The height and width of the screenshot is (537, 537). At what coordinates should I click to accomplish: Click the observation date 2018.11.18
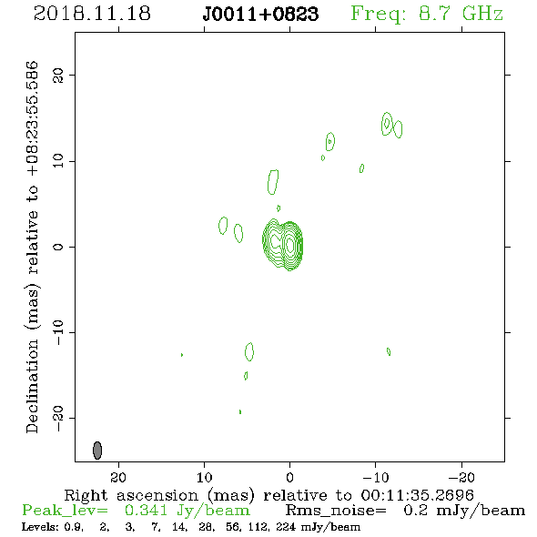pos(92,14)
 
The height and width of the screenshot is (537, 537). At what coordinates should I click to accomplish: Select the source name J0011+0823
pos(260,15)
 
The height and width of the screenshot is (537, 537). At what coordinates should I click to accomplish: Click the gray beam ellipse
pos(97,450)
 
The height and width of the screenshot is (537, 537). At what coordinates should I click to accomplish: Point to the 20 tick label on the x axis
pos(118,477)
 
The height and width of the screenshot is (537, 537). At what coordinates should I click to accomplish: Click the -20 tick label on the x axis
pos(461,477)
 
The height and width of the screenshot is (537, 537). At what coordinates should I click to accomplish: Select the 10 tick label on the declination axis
pos(58,161)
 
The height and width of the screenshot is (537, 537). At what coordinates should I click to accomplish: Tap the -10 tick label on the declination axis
pos(58,332)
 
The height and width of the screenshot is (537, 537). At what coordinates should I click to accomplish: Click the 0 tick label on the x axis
pos(289,477)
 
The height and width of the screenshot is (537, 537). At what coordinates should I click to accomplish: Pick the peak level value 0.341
pos(146,511)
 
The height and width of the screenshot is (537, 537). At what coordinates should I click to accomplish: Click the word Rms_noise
pos(336,511)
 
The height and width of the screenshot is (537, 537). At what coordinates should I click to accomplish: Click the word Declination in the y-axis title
pos(32,386)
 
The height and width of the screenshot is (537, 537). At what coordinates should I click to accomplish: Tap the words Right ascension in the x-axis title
pos(131,495)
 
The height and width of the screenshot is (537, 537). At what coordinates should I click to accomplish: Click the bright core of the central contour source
pos(290,245)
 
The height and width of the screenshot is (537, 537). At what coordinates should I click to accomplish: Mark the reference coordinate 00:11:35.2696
pos(417,495)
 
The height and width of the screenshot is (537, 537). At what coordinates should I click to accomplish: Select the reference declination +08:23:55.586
pos(32,118)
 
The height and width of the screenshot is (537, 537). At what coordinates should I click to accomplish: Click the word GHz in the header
pos(482,14)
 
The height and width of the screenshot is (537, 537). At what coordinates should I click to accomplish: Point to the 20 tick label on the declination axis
pos(58,75)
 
